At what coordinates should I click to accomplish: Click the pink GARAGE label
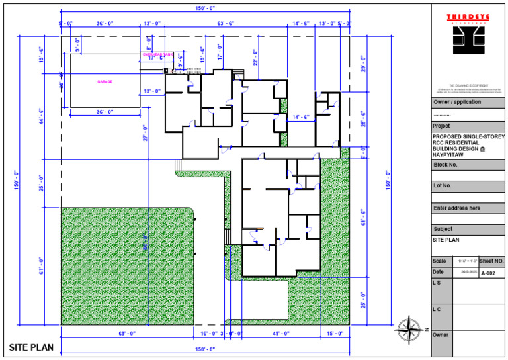[x=105, y=82]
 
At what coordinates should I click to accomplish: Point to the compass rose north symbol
[x=409, y=328]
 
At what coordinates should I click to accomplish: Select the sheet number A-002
[x=487, y=273]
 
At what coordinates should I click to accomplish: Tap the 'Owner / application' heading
[x=457, y=103]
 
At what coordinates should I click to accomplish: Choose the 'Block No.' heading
[x=446, y=165]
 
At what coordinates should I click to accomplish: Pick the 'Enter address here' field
[x=456, y=208]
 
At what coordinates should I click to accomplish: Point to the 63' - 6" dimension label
[x=226, y=23]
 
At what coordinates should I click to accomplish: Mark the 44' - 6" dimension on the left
[x=41, y=116]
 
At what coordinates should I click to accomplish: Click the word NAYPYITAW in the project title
[x=451, y=156]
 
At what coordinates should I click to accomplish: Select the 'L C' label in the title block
[x=437, y=308]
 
